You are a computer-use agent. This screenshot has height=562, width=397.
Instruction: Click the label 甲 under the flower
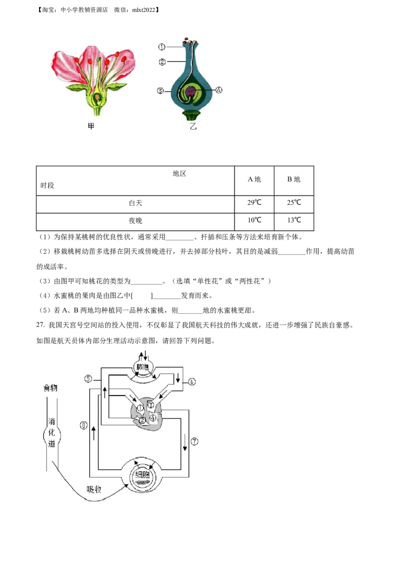(91, 127)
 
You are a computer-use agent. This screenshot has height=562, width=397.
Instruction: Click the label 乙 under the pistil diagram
(193, 127)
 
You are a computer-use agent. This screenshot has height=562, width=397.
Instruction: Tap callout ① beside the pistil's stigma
(162, 47)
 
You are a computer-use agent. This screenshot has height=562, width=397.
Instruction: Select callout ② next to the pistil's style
(162, 62)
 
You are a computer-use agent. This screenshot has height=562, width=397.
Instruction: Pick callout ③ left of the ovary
(160, 91)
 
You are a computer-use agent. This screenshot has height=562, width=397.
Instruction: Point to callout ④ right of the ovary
(219, 90)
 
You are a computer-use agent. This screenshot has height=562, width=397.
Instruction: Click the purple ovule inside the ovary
(191, 91)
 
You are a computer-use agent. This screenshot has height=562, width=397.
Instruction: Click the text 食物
(50, 388)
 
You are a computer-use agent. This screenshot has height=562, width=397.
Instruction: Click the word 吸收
(94, 489)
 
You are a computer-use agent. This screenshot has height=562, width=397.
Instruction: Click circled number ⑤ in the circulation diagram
(88, 379)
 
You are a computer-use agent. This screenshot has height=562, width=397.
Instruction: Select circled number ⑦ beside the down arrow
(195, 441)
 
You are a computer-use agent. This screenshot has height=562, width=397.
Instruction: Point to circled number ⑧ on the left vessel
(84, 425)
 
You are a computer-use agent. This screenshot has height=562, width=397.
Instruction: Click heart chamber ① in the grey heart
(140, 408)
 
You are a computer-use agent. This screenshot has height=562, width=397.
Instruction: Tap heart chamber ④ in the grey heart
(153, 418)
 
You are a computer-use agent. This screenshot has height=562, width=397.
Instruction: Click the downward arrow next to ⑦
(185, 441)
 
